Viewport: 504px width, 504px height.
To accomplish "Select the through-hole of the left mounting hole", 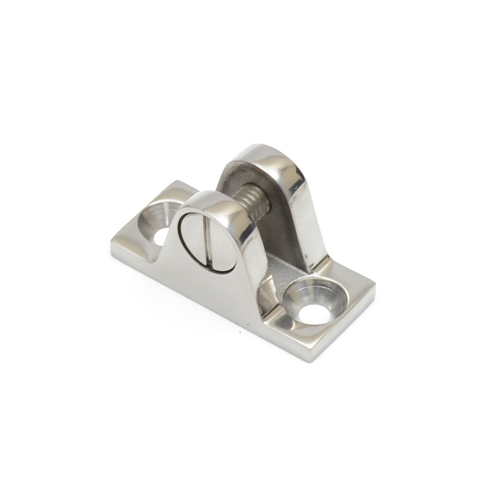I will pyautogui.click(x=162, y=233).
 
